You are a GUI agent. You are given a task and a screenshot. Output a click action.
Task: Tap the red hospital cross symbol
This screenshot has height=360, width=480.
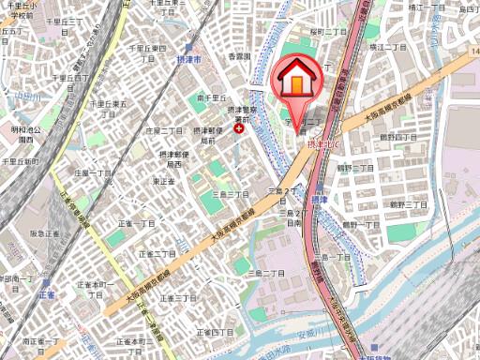(x=240, y=129)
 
